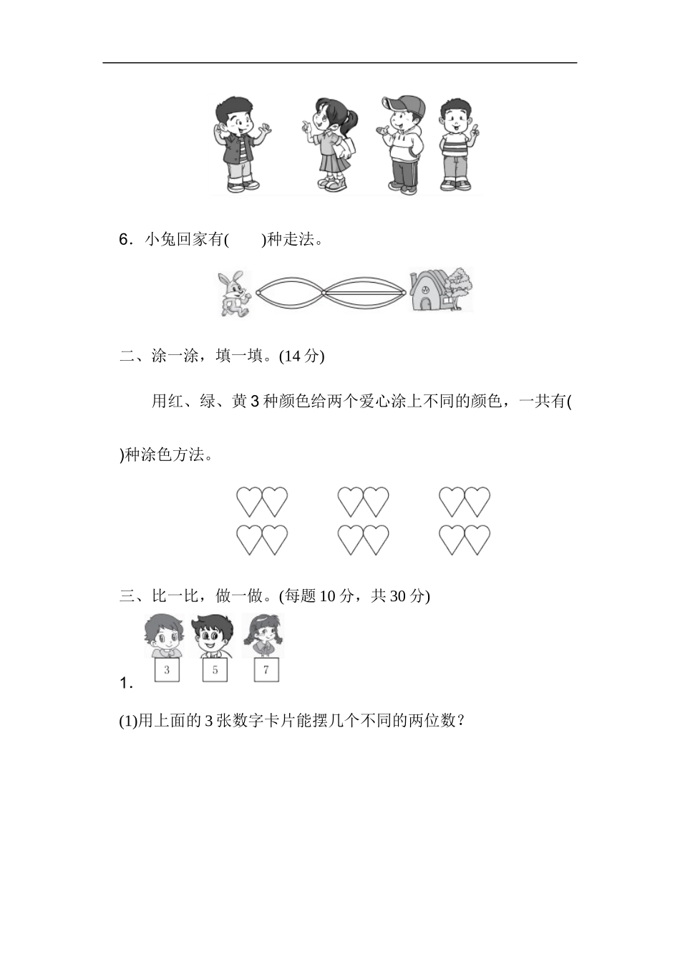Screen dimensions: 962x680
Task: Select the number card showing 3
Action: tap(167, 670)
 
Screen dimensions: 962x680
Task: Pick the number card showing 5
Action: tap(215, 670)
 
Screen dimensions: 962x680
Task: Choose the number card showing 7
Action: tap(266, 670)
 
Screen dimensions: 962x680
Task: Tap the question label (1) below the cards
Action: tap(127, 721)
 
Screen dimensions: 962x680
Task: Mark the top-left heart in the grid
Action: tap(250, 502)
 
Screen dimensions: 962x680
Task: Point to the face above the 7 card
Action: tap(263, 634)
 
